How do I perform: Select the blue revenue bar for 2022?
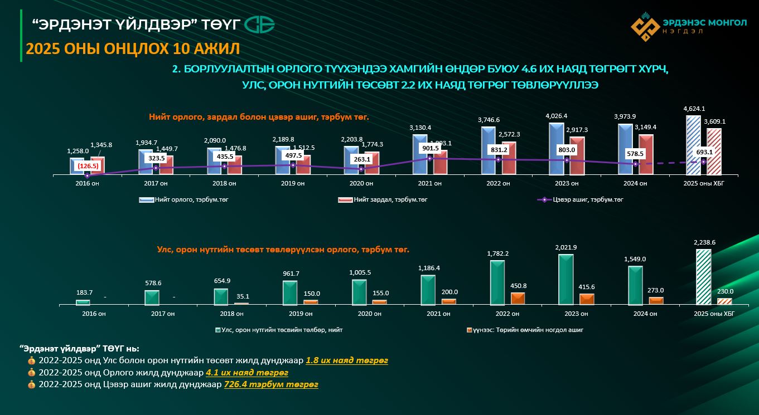tap(488, 150)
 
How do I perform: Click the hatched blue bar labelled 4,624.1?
tap(693, 145)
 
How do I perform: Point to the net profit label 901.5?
tap(429, 148)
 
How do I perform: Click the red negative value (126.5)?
tap(88, 165)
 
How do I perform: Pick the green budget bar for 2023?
tap(566, 280)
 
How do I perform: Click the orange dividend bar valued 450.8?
tap(518, 298)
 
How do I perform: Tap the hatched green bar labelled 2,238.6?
tap(703, 277)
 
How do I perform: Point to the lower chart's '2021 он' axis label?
tap(430, 314)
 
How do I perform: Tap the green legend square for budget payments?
tap(217, 330)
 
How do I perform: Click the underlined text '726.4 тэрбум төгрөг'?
tap(270, 384)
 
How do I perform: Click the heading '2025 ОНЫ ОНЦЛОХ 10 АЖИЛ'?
tap(133, 49)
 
